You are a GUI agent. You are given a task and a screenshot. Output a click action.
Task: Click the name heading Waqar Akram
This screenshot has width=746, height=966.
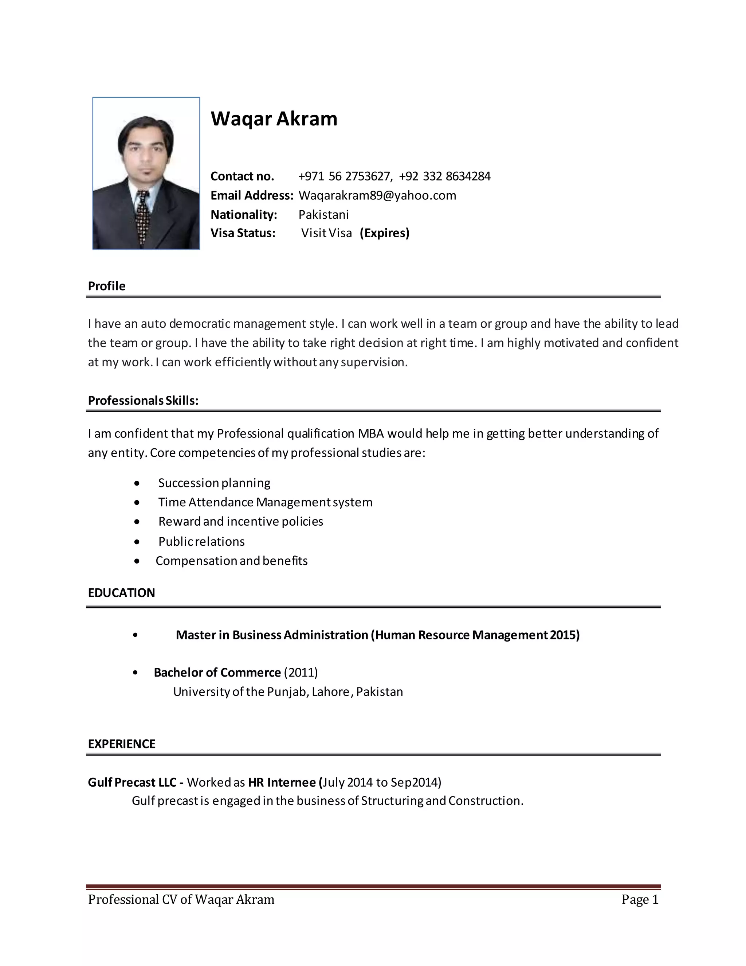tap(274, 119)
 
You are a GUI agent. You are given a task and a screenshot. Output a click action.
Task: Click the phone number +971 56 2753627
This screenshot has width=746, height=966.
tap(345, 176)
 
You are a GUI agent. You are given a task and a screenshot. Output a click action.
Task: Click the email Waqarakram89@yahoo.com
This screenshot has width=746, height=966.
tap(377, 195)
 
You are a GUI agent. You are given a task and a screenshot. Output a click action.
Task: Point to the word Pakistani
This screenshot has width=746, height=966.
tap(323, 215)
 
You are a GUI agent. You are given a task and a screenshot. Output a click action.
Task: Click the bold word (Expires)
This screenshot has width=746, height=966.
tap(385, 233)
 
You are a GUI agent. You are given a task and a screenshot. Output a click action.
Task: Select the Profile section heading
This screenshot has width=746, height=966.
tap(106, 286)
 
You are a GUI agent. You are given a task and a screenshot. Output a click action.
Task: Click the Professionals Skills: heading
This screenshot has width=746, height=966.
tap(143, 401)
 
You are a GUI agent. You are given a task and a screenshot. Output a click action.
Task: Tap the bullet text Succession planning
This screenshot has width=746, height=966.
tap(214, 483)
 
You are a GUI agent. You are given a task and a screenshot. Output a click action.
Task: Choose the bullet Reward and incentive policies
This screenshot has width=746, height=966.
tap(240, 522)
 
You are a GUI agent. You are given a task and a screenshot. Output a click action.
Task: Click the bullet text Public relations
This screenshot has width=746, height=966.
tap(201, 542)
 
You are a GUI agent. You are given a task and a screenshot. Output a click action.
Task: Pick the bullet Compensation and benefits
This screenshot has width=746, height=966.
tap(231, 561)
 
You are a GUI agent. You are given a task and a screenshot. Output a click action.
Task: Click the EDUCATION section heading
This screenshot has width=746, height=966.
tap(121, 593)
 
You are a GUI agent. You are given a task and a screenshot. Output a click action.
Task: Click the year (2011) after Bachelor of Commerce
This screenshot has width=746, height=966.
tap(301, 673)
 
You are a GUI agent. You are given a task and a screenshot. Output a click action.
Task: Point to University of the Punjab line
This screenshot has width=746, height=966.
tap(288, 692)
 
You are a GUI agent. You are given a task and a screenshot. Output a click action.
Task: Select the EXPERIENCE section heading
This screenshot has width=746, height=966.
tap(122, 744)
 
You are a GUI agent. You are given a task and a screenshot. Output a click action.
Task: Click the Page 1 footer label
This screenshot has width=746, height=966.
tap(640, 900)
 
